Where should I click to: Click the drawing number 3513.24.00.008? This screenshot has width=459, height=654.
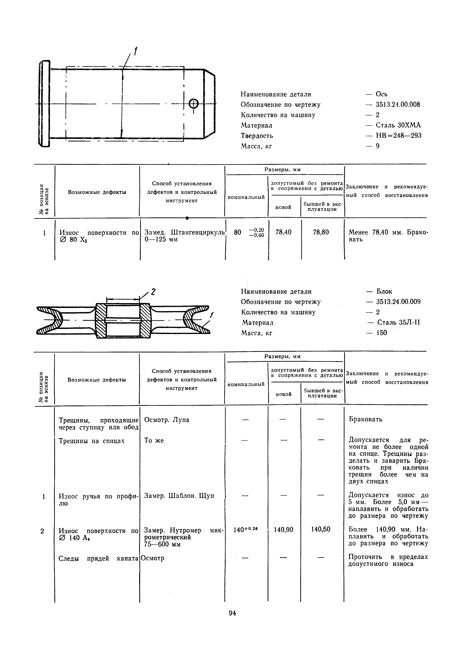(398, 105)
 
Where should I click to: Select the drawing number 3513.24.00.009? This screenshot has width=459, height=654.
(398, 302)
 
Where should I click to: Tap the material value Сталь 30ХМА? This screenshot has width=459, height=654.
(398, 125)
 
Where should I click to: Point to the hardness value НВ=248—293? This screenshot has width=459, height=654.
(398, 136)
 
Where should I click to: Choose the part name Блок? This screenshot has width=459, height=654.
(384, 291)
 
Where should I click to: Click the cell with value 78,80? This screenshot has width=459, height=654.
(321, 232)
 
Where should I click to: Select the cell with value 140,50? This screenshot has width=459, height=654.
(321, 529)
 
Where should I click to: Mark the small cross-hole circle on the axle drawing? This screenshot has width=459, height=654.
(194, 104)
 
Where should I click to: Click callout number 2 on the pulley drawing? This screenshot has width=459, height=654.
(153, 292)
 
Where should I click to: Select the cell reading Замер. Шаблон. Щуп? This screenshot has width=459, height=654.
(179, 496)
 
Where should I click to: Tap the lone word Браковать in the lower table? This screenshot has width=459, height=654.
(366, 419)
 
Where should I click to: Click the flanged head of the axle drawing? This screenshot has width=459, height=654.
(45, 104)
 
